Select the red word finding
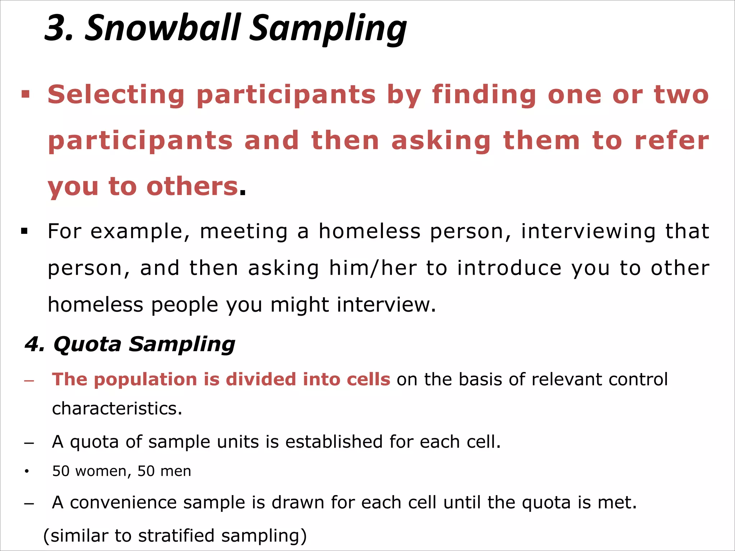[x=484, y=95]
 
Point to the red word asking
[x=441, y=141]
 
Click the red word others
[x=192, y=187]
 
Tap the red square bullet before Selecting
[x=25, y=95]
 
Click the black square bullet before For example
[x=24, y=231]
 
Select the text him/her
[x=373, y=268]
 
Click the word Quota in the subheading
[x=88, y=344]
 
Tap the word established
[x=334, y=442]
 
